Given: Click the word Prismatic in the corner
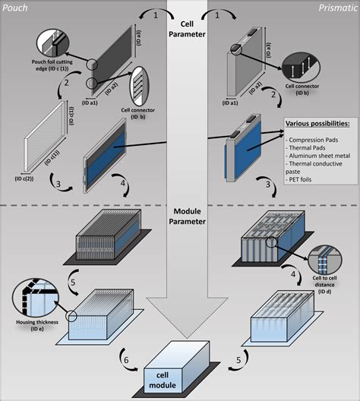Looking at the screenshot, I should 336,7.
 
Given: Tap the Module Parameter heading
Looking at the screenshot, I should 180,216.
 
